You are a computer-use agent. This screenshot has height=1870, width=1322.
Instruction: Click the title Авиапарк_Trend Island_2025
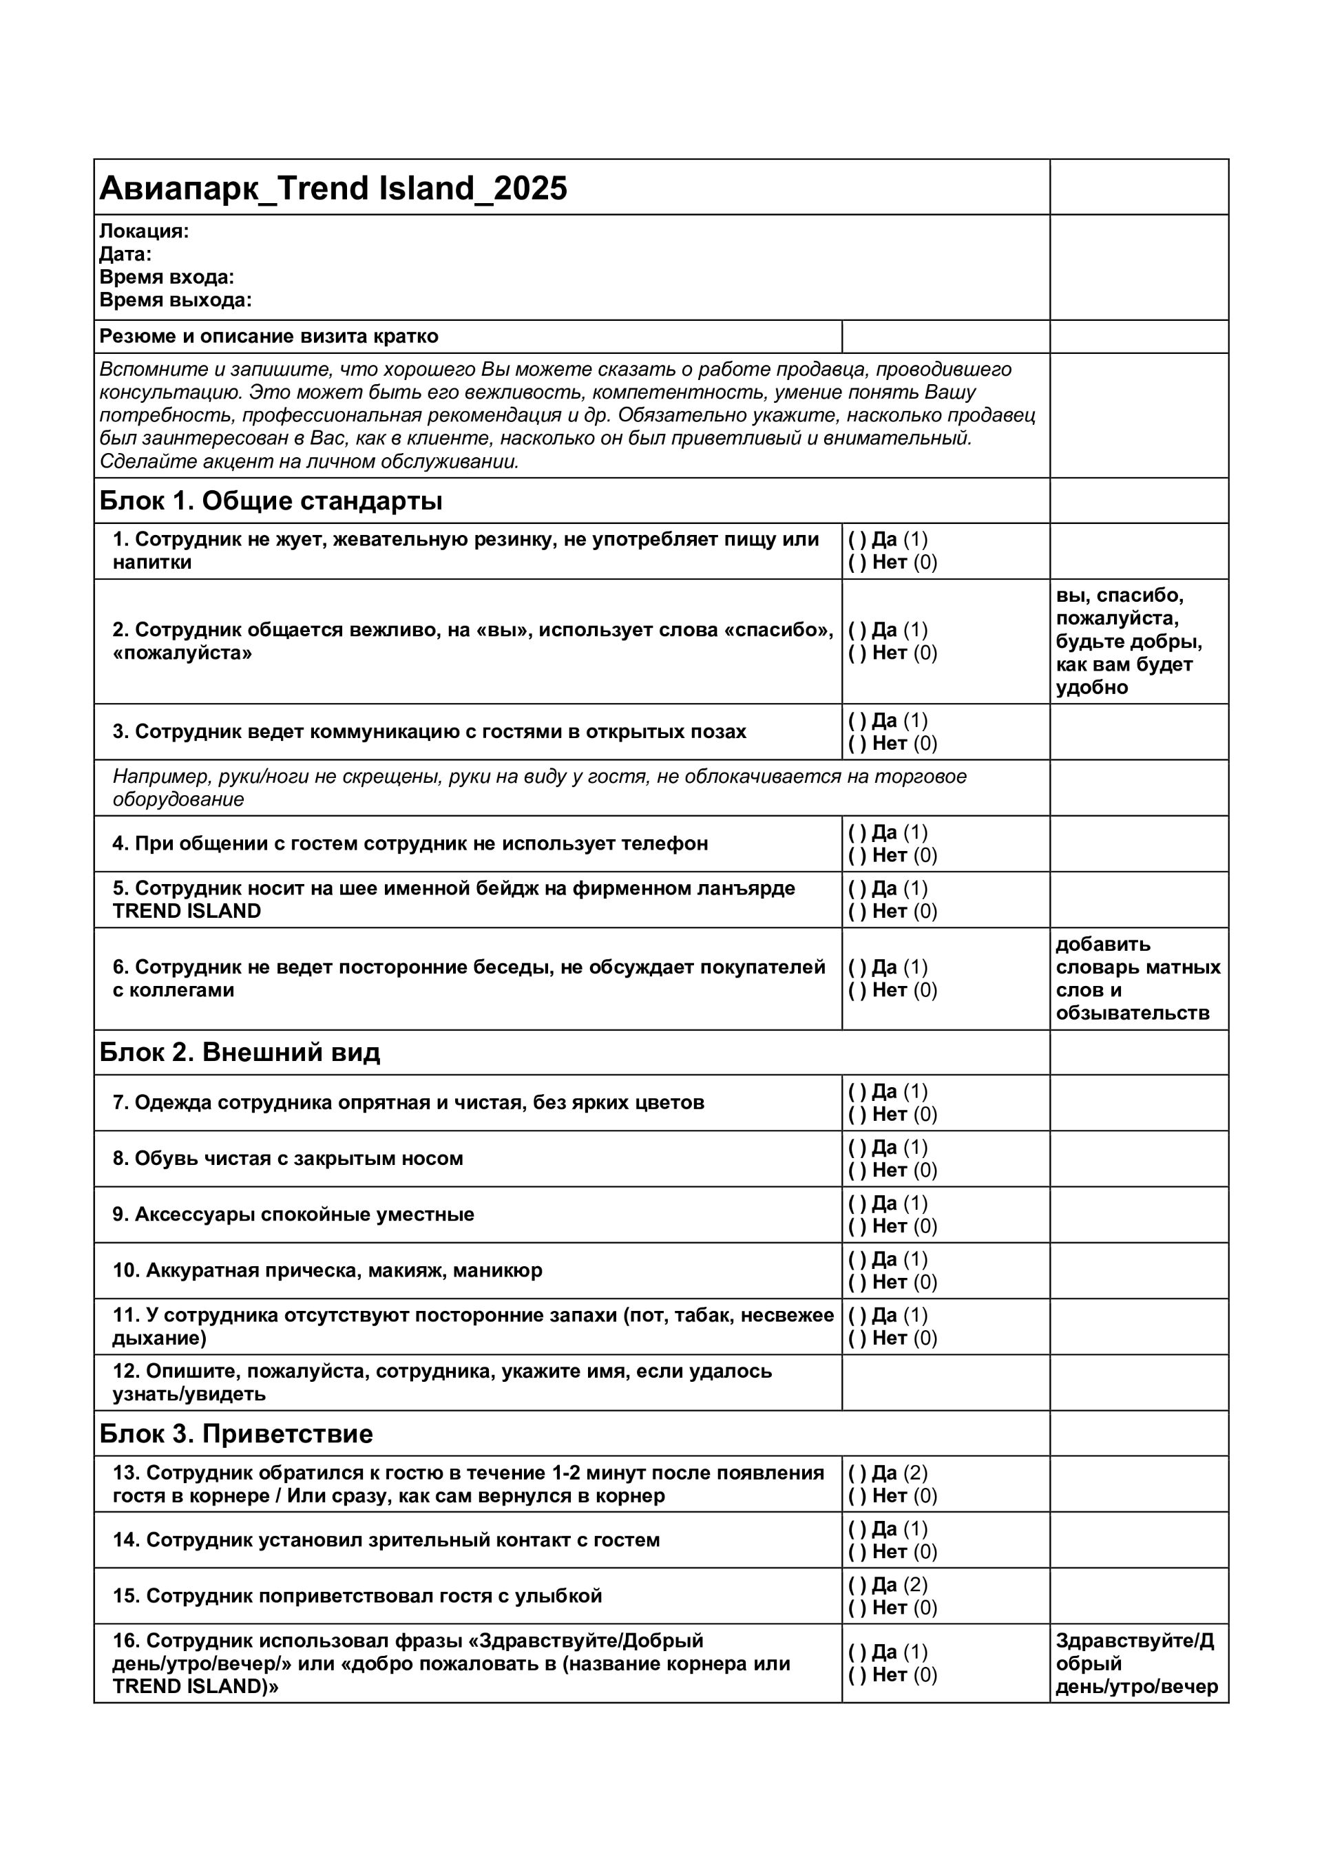tap(333, 188)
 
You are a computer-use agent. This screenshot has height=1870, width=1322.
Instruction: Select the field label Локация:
tap(144, 231)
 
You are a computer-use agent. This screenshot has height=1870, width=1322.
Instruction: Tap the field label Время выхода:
tap(175, 300)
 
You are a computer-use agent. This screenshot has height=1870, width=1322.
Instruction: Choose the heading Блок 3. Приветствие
tap(236, 1433)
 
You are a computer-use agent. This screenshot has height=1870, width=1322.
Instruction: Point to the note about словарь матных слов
tap(1138, 978)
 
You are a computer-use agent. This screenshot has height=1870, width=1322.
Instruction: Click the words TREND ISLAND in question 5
tap(187, 912)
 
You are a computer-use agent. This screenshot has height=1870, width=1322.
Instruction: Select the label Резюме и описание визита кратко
tap(269, 337)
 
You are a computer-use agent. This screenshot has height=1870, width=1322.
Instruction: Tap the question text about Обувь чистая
tap(288, 1158)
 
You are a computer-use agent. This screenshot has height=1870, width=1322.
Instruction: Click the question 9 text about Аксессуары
tap(293, 1215)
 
